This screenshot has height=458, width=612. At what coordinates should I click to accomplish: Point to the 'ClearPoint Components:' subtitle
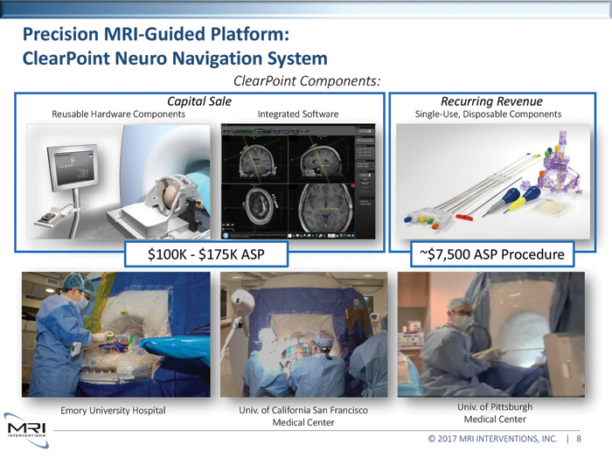click(306, 81)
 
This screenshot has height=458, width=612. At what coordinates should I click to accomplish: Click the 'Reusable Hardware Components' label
click(118, 114)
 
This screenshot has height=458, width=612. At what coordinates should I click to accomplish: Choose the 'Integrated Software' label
click(298, 114)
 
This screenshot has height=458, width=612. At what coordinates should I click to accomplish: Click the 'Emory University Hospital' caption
click(114, 410)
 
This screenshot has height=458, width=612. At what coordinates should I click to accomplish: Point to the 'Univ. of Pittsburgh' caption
click(494, 406)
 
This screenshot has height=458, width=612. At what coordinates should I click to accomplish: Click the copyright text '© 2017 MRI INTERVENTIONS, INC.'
click(491, 439)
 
